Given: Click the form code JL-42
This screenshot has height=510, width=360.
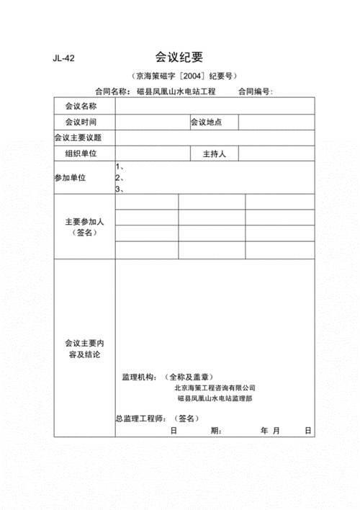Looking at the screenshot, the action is pos(65,60).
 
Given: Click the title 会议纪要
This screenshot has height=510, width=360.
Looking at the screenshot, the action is pos(179,58).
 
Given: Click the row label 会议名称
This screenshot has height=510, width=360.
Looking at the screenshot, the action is pos(81,107).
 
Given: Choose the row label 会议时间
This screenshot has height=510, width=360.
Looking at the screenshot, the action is pos(81,122).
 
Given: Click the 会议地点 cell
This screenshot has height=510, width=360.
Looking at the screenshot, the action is pos(206,122).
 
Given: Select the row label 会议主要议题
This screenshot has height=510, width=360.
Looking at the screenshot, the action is pos(78,138).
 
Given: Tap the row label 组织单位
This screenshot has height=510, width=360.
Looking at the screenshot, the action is pos(81,153).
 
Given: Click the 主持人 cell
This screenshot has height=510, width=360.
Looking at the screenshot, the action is pos(215,153).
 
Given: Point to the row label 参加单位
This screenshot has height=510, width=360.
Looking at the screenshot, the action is pos(70,177).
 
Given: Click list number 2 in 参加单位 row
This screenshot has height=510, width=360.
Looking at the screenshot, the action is pos(120,178).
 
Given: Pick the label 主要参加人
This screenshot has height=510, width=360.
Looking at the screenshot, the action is pos(85,221).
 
